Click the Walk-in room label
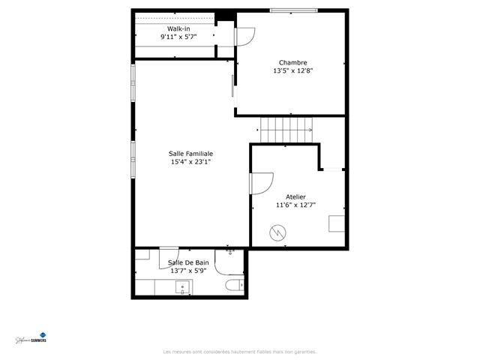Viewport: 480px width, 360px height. (x=178, y=28)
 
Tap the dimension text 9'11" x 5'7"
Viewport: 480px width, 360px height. (x=178, y=37)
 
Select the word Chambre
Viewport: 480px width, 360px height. (x=292, y=63)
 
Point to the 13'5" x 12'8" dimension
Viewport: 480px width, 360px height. (x=292, y=71)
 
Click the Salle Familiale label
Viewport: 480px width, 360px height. (x=191, y=153)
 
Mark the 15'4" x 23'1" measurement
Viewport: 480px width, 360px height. (x=191, y=161)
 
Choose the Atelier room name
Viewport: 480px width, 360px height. (x=295, y=196)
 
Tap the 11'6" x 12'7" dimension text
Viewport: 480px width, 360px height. (x=295, y=205)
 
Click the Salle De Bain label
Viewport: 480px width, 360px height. (x=188, y=262)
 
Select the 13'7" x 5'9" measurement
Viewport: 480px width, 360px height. (x=188, y=271)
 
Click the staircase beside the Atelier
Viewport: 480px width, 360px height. (x=285, y=128)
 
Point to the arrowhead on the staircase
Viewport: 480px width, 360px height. (x=309, y=130)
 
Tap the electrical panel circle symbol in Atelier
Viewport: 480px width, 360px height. (x=278, y=234)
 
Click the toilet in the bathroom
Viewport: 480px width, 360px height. (x=234, y=285)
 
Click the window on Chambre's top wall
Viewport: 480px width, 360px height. (x=292, y=10)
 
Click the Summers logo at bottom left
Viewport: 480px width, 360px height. (x=31, y=339)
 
